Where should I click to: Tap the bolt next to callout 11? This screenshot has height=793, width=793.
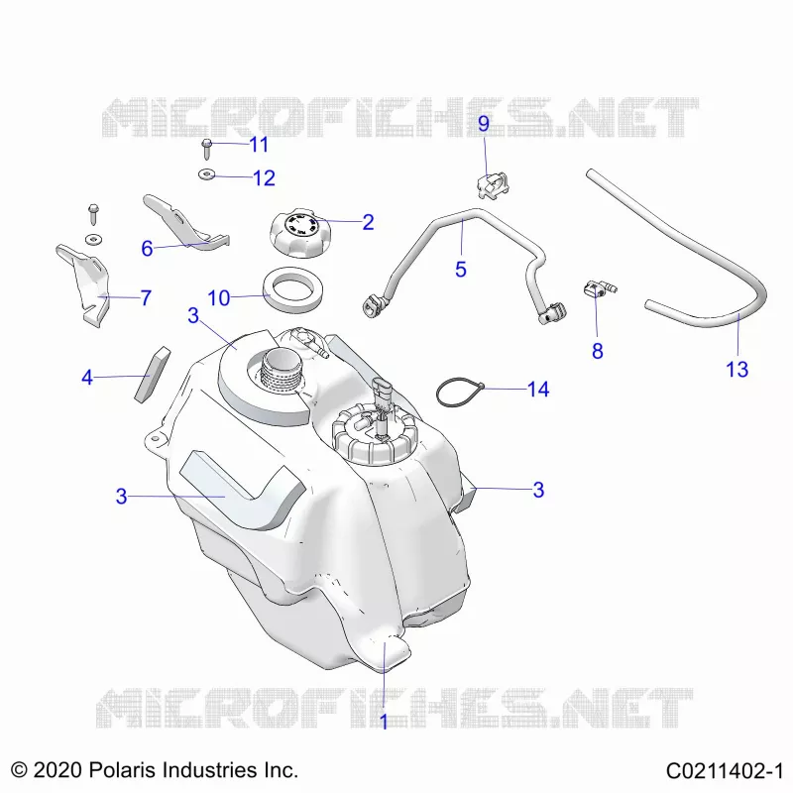pyautogui.click(x=207, y=149)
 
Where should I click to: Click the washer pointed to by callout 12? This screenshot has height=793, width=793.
pyautogui.click(x=206, y=174)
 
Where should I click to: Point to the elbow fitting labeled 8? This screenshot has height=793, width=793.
pyautogui.click(x=599, y=290)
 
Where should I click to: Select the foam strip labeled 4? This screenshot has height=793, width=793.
pyautogui.click(x=153, y=375)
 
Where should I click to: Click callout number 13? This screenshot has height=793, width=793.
pyautogui.click(x=736, y=369)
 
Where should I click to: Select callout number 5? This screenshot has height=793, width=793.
pyautogui.click(x=460, y=269)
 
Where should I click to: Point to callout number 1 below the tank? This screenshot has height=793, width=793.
pyautogui.click(x=384, y=722)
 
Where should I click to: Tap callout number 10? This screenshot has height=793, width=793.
pyautogui.click(x=218, y=298)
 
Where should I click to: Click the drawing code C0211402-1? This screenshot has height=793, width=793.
pyautogui.click(x=725, y=771)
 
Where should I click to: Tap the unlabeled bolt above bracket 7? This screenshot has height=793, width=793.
pyautogui.click(x=93, y=214)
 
